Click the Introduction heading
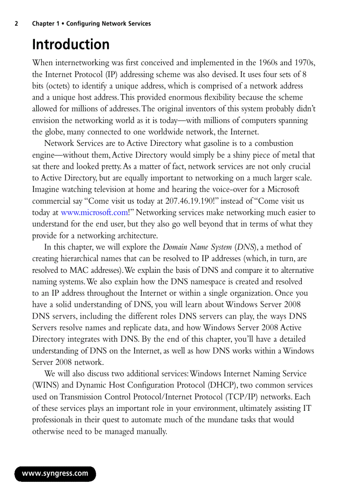click(71, 45)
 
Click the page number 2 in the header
click(16, 24)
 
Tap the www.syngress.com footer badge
click(55, 474)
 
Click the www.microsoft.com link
click(94, 212)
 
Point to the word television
click(101, 190)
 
